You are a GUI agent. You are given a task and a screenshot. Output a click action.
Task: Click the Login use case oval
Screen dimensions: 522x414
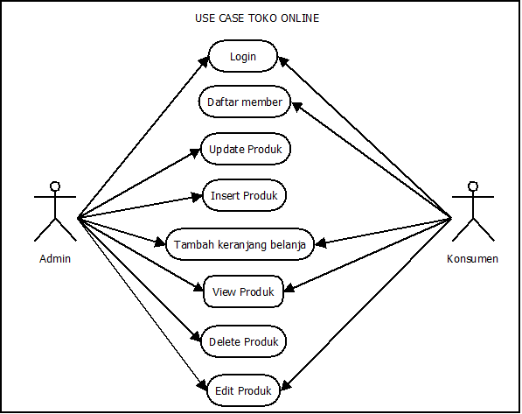point(243,56)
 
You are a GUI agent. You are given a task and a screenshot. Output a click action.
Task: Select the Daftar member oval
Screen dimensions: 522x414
point(245,102)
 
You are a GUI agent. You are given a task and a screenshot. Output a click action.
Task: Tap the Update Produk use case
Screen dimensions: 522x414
point(246,149)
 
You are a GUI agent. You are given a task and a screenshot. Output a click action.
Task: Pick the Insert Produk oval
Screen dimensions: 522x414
point(244,195)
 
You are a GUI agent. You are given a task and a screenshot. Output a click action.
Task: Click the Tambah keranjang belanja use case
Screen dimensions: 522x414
point(240,244)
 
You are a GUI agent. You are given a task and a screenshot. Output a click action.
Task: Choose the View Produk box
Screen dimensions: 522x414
point(243,291)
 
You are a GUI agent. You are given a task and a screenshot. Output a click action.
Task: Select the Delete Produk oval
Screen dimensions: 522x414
point(243,341)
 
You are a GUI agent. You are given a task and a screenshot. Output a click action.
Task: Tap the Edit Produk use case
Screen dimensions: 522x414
point(243,390)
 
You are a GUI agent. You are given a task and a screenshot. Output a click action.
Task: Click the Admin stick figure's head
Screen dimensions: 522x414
point(55,186)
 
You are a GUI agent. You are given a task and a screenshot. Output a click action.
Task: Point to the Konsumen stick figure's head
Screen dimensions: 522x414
point(473,186)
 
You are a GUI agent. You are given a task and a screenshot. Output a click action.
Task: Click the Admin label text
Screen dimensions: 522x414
point(55,259)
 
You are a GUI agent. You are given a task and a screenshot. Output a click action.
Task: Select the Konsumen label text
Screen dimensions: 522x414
point(472,259)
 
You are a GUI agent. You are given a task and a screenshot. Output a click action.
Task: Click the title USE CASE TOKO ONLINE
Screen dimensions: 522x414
point(257,18)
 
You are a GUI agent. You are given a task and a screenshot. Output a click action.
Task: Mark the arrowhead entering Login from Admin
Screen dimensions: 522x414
point(204,60)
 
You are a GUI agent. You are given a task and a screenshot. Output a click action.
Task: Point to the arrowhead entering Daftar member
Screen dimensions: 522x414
point(296,106)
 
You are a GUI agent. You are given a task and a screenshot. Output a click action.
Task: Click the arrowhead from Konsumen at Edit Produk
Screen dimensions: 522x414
point(286,385)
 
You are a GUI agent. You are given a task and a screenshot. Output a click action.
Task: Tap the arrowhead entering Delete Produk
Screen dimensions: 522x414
point(197,337)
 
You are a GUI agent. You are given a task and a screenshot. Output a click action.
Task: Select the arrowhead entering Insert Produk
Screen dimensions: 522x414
point(198,197)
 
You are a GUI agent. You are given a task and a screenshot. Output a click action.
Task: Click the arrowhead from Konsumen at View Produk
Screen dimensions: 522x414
point(289,288)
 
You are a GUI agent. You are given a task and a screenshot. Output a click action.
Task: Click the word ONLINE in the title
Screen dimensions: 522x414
point(300,18)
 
